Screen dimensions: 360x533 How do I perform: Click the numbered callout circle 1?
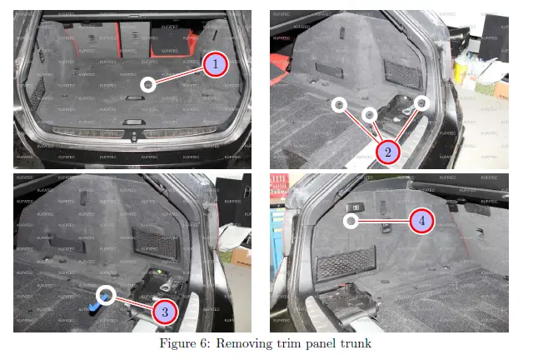coord(215,64)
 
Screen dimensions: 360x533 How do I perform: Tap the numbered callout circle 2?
coord(388,152)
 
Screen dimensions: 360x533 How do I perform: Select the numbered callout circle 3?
coord(164,311)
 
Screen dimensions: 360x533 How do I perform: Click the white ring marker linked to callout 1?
coord(147,84)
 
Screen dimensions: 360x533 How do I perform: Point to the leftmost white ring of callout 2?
coord(338,104)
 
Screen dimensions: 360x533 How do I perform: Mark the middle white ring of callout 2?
coord(369,112)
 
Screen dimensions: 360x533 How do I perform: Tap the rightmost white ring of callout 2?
coord(421,102)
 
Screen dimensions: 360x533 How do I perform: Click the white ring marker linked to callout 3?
coord(106,294)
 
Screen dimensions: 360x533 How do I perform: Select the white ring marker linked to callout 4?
coord(351,221)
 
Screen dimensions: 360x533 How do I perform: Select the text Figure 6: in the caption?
coord(187,342)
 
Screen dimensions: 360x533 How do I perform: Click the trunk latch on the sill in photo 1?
coord(133,129)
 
